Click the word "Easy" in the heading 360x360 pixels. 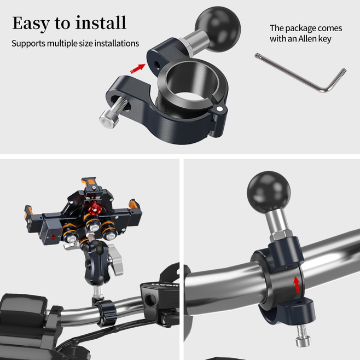pyautogui.click(x=31, y=24)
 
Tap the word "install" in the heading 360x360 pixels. pyautogui.click(x=101, y=22)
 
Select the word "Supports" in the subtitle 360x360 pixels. pyautogui.click(x=28, y=44)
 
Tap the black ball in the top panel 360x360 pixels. pyautogui.click(x=218, y=29)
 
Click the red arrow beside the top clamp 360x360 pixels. pyautogui.click(x=138, y=68)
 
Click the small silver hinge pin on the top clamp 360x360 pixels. pyautogui.click(x=220, y=108)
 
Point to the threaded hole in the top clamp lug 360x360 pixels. pyautogui.click(x=157, y=63)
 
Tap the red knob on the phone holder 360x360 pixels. pyautogui.click(x=94, y=208)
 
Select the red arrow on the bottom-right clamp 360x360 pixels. pyautogui.click(x=297, y=284)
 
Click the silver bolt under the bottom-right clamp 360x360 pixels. pyautogui.click(x=302, y=335)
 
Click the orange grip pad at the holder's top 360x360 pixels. pyautogui.click(x=91, y=182)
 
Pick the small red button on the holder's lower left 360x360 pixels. pyautogui.click(x=54, y=237)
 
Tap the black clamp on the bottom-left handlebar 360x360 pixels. pyautogui.click(x=105, y=312)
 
